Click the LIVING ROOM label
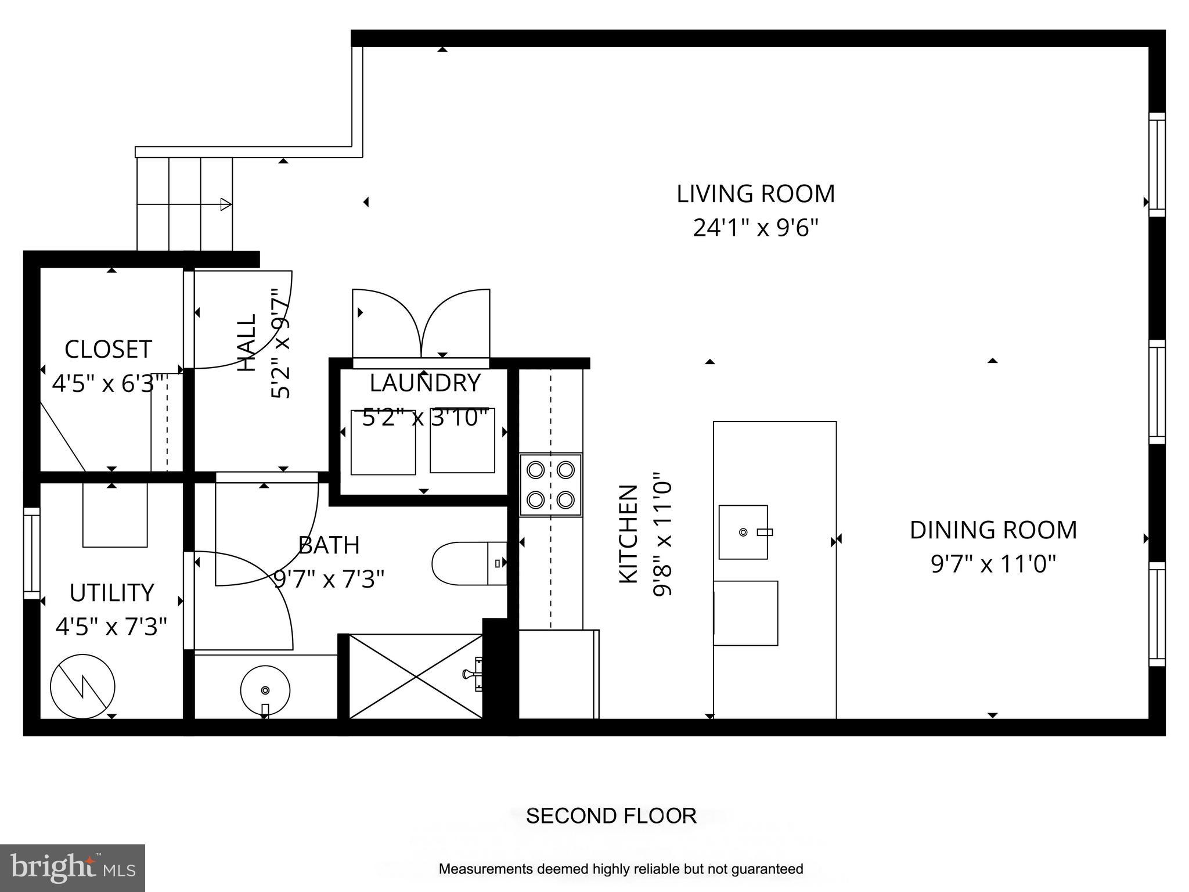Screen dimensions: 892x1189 pos(755,194)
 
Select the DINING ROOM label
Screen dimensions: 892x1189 pos(993,530)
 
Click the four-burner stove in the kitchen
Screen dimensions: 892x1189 pos(550,485)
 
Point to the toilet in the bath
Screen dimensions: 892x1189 pos(468,563)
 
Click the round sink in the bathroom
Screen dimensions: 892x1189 pos(265,690)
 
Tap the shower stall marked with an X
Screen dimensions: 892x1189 pos(416,677)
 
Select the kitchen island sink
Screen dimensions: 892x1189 pos(744,532)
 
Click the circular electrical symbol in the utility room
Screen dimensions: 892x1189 pos(82,687)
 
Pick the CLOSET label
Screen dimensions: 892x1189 pos(108,350)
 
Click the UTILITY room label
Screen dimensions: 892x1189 pos(111,593)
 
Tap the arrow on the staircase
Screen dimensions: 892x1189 pos(225,204)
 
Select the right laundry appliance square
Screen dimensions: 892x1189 pos(462,441)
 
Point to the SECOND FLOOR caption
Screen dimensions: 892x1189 pos(611,816)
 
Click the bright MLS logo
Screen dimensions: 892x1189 pos(73,868)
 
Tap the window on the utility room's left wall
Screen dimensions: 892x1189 pos(31,553)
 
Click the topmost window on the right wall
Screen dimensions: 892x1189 pos(1156,164)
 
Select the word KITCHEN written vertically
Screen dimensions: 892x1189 pos(628,534)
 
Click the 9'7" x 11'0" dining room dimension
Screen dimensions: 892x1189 pos(993,564)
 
